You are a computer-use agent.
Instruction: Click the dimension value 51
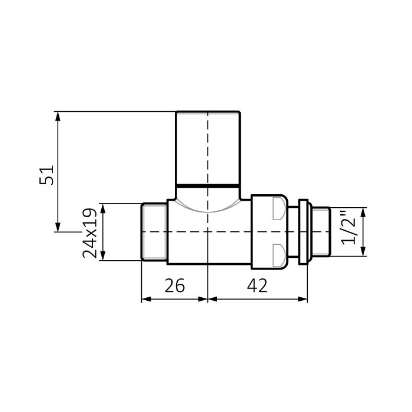coord(46,175)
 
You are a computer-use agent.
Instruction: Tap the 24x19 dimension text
coord(89,233)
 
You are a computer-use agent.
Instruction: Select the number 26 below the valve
coord(175,285)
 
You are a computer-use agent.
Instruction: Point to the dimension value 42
coord(257,285)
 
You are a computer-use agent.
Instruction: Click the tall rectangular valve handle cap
coord(208,148)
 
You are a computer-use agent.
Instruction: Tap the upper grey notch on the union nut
coord(278,208)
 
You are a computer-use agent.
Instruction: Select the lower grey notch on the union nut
coord(278,255)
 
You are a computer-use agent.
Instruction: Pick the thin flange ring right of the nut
coord(303,232)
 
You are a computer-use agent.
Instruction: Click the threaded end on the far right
coord(321,232)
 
